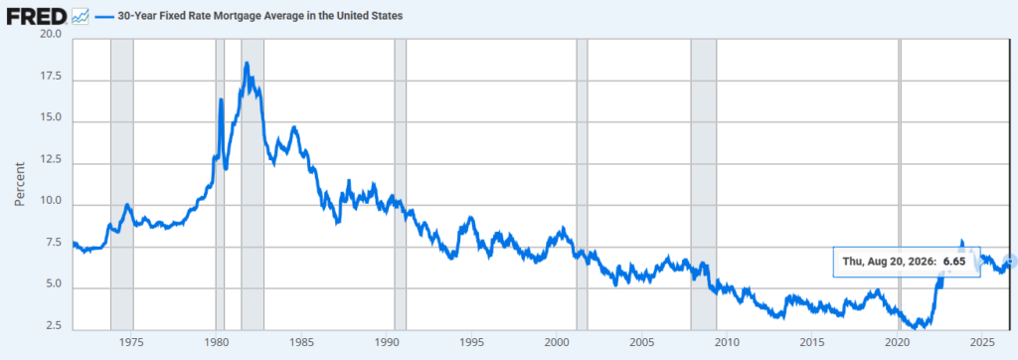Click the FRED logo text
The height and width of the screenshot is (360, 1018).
point(37,16)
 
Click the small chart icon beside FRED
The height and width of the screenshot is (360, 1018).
point(80,16)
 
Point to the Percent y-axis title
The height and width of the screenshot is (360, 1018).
point(20,184)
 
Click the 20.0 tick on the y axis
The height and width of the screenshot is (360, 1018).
point(50,35)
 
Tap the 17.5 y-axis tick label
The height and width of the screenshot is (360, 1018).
point(50,77)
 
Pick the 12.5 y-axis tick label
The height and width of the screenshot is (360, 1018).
point(50,161)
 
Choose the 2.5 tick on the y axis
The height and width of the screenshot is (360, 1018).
point(53,326)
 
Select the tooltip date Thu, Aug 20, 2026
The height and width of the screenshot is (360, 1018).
point(889,262)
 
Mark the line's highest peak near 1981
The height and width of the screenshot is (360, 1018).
point(247,63)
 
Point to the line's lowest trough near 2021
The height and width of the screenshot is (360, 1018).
point(916,328)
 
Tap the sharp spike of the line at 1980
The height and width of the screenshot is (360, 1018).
point(221,99)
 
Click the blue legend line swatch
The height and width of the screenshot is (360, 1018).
point(102,16)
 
